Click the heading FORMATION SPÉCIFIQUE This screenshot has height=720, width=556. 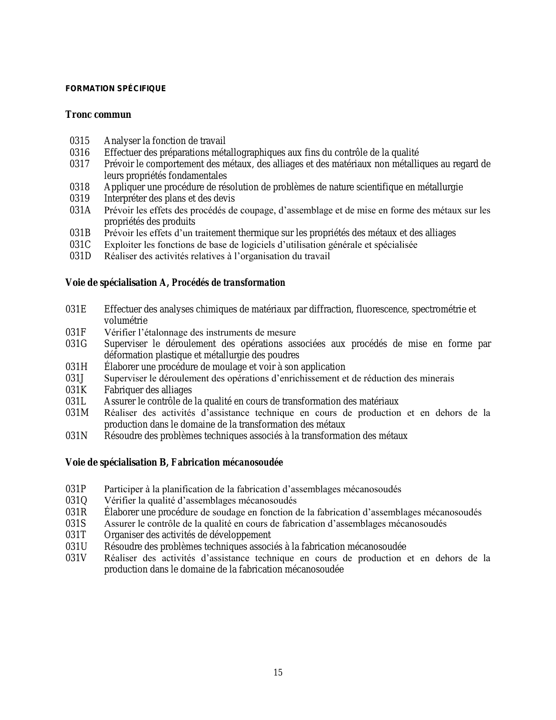(116, 89)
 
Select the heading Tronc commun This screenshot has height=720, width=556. (98, 115)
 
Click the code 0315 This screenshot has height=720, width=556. (79, 141)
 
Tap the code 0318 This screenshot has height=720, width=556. (79, 187)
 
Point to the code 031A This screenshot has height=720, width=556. (80, 210)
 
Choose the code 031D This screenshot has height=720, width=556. (80, 256)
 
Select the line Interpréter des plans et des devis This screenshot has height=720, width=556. (169, 199)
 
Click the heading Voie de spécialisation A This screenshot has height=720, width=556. (175, 282)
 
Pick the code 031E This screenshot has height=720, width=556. (76, 309)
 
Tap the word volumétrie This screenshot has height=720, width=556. (126, 320)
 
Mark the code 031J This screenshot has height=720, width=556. (75, 378)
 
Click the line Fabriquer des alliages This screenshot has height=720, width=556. (148, 390)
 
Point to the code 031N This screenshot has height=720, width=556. (77, 435)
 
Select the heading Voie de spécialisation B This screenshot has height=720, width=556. (174, 462)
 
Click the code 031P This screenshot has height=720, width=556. (76, 489)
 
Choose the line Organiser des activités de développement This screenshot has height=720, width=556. (187, 535)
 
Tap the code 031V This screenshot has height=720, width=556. (76, 558)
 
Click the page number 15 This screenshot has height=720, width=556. (278, 672)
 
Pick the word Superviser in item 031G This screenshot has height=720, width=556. (126, 343)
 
